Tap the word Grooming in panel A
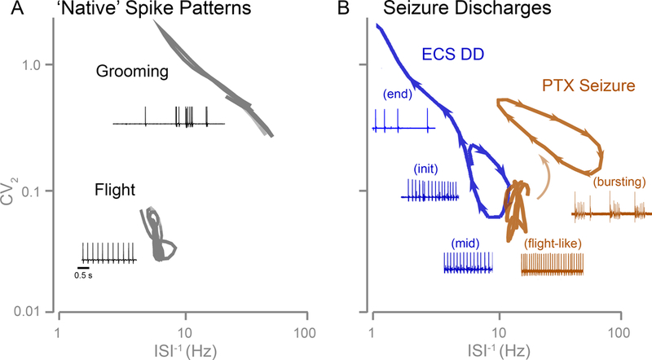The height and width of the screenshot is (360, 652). pyautogui.click(x=131, y=72)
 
